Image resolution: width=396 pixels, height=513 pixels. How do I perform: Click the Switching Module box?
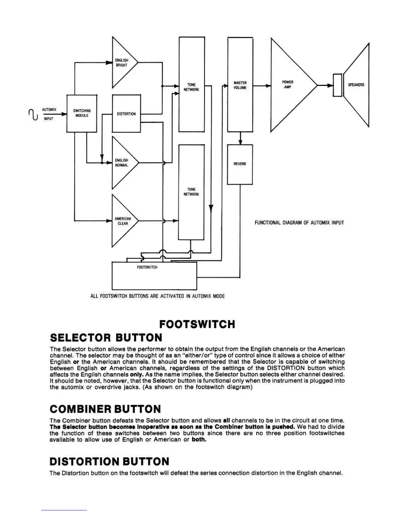(x=82, y=113)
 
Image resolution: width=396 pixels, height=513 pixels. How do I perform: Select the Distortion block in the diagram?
(x=126, y=114)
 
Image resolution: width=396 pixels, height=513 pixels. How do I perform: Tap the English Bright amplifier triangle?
(x=122, y=63)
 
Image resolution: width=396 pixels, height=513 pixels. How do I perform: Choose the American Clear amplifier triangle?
(x=123, y=221)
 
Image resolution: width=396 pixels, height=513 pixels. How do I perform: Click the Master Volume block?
(x=240, y=85)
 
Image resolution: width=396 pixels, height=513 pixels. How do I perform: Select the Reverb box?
(x=240, y=164)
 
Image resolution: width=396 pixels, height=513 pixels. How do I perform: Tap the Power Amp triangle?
(x=289, y=85)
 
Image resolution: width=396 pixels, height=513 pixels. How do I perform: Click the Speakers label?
(x=356, y=85)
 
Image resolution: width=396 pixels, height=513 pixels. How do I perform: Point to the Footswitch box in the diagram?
(x=154, y=276)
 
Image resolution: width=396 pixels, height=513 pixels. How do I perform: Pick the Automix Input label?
(x=49, y=114)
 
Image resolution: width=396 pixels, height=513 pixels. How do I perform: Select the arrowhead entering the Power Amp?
(x=268, y=86)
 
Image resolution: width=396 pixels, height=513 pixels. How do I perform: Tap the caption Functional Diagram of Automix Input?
(x=299, y=223)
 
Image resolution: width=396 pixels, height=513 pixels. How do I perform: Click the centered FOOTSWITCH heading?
(x=197, y=324)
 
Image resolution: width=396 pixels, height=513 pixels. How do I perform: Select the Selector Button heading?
(x=106, y=338)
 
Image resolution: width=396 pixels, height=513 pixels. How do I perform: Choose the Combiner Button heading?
(x=105, y=409)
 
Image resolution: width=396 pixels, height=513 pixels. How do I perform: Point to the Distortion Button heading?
(x=109, y=462)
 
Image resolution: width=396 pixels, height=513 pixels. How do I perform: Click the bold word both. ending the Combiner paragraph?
(x=199, y=440)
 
